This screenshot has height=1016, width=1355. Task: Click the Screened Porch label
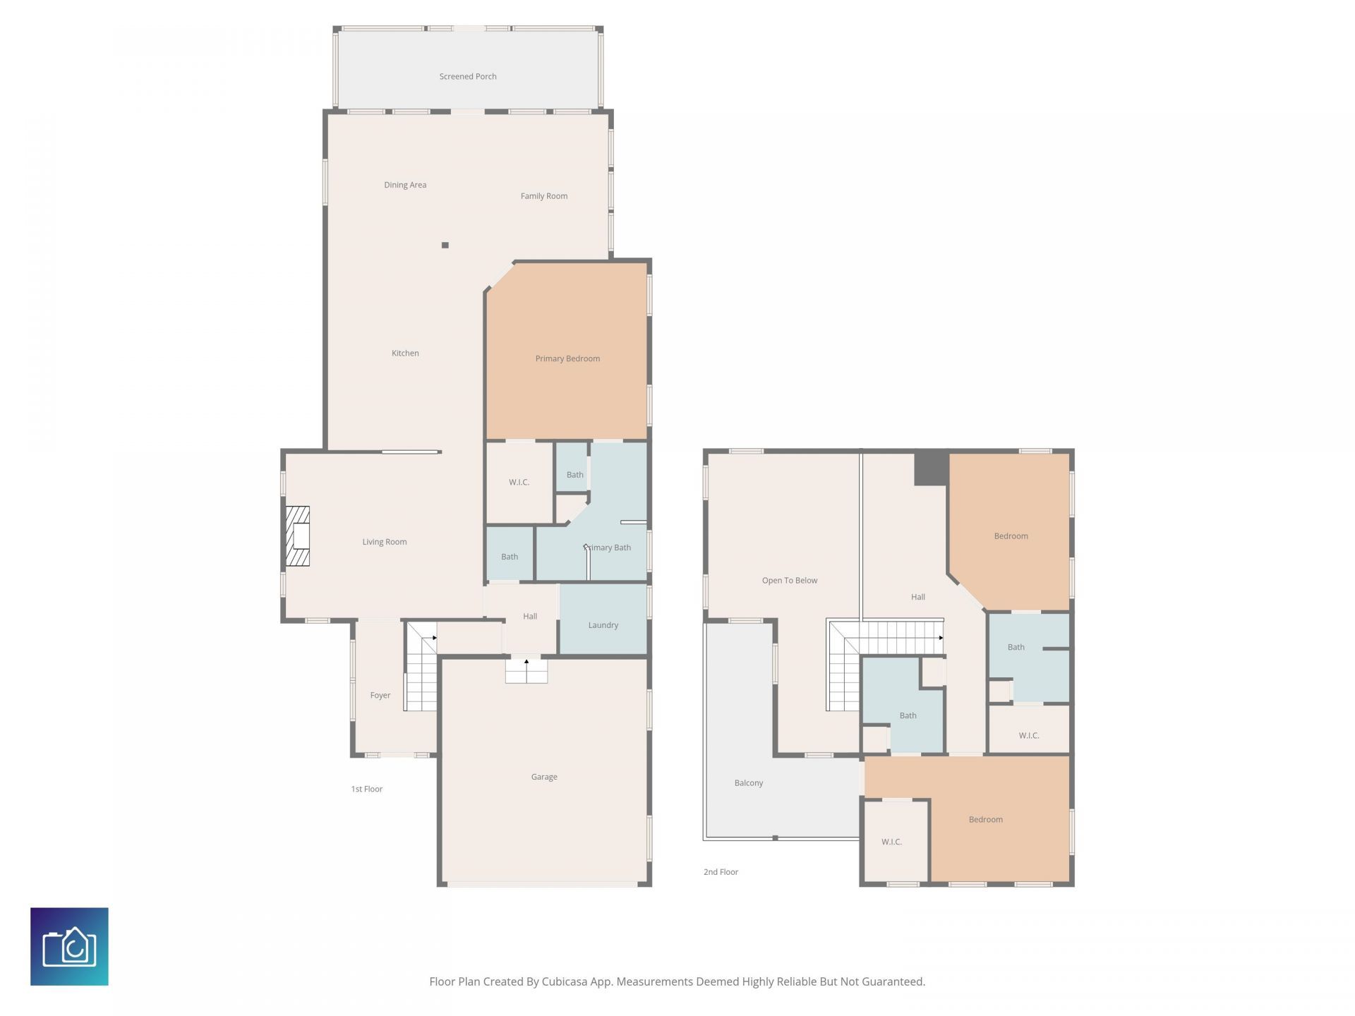coord(468,76)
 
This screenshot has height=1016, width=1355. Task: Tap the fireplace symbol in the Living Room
coord(298,536)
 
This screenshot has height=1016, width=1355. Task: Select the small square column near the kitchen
coord(445,246)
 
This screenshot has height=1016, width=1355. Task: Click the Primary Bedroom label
coord(567,358)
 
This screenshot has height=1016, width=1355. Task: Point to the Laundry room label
coord(603,625)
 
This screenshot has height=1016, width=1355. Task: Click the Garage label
coord(544,777)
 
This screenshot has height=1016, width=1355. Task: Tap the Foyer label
coord(380,695)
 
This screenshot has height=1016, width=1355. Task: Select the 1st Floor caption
coord(367,789)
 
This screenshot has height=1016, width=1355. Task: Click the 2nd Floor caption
coord(721,872)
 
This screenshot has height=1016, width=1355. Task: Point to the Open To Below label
coord(789,581)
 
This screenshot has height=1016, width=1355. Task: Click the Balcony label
coord(749,783)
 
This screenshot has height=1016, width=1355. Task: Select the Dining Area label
coord(405,185)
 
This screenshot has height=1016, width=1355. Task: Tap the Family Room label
coord(544,196)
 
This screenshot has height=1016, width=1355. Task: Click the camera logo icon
coord(69,946)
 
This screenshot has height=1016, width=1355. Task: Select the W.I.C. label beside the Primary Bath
coord(519,483)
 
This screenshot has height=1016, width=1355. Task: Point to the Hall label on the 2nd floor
coord(917,597)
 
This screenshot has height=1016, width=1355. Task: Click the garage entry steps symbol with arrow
coord(526,670)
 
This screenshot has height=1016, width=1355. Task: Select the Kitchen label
coord(405,353)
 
